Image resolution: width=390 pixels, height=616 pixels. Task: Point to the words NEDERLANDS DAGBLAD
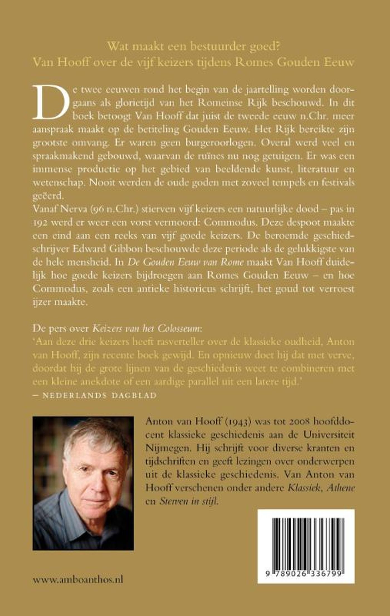tap(99, 395)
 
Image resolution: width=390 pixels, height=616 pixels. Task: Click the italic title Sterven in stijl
tap(188, 501)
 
